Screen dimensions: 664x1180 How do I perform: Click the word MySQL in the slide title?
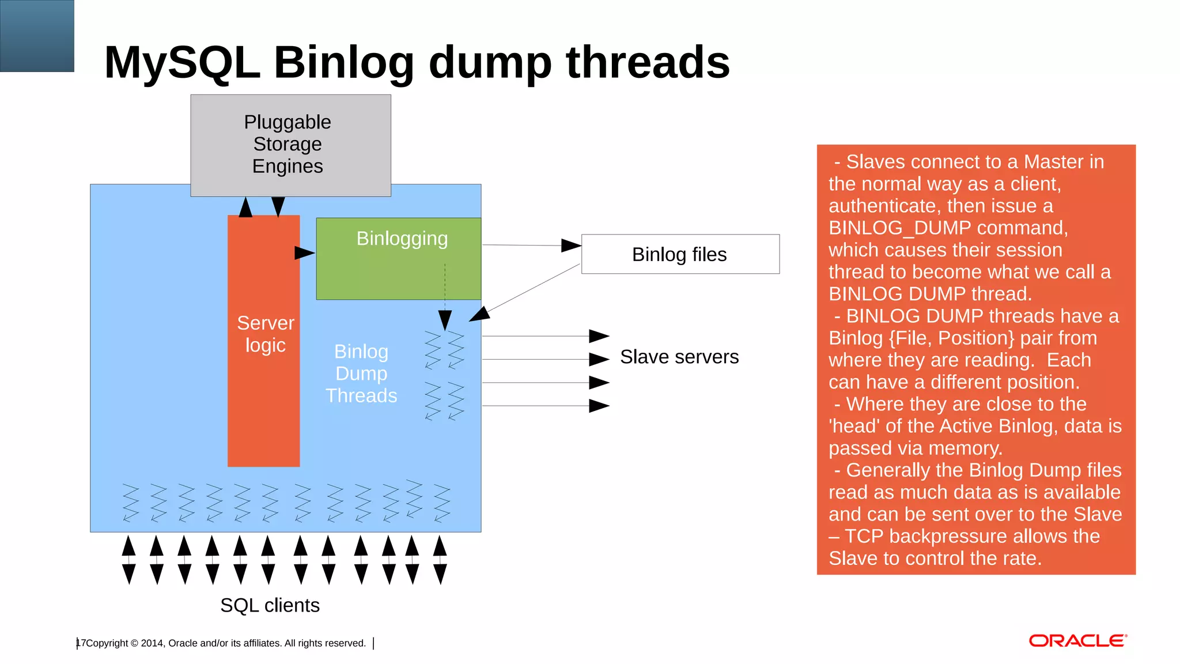(181, 62)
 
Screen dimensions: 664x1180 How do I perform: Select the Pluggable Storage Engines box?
(290, 145)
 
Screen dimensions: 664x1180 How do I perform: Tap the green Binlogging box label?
(402, 239)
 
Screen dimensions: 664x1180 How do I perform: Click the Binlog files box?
(680, 254)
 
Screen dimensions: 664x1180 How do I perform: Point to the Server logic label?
(265, 334)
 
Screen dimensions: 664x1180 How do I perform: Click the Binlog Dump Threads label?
(361, 373)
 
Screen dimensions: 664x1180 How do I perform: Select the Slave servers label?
(679, 357)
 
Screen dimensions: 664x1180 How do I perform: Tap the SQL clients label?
(270, 605)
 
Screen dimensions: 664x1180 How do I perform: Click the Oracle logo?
(1077, 641)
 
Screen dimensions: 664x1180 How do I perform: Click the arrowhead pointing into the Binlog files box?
(571, 246)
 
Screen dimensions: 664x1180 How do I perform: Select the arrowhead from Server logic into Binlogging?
(304, 252)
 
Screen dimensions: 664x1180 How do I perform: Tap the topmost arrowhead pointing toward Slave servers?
(599, 336)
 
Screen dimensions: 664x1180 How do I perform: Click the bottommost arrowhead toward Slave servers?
(599, 406)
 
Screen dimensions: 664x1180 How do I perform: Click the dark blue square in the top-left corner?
(37, 36)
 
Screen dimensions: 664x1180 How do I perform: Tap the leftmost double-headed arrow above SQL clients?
(129, 560)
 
